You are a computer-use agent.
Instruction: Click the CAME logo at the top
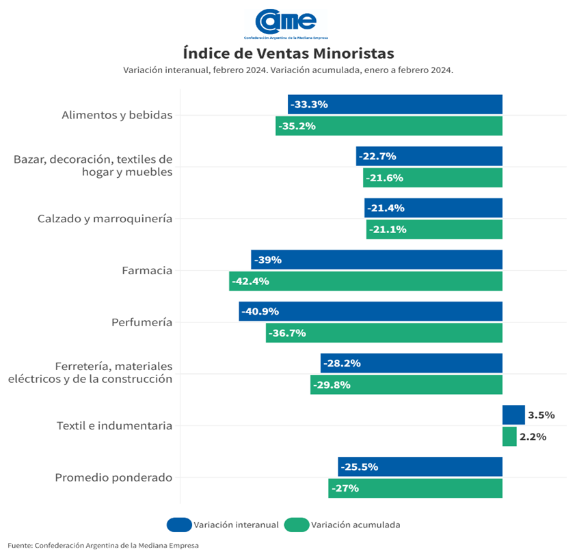tap(287, 21)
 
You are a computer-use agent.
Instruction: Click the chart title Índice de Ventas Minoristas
tap(288, 53)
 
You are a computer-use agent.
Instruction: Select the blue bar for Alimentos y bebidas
tap(395, 105)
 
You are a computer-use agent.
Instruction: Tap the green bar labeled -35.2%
tap(389, 126)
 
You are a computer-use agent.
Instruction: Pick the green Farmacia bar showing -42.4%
tap(366, 281)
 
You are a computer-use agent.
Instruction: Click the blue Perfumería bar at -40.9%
tap(371, 311)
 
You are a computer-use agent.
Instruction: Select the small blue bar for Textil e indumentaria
tap(513, 414)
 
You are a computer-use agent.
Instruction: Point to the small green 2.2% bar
tap(509, 436)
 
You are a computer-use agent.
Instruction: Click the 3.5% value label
tap(541, 415)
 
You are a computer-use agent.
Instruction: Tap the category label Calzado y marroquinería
tap(105, 219)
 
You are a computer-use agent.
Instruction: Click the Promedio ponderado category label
tap(113, 477)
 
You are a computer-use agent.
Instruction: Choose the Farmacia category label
tap(147, 270)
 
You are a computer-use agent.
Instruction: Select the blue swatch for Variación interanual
tap(178, 525)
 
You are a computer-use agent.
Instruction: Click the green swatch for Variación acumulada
tap(296, 525)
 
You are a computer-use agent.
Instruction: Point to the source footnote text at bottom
tap(103, 545)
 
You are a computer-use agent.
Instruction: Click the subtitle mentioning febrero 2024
tap(288, 70)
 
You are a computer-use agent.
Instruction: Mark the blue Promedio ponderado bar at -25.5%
tap(420, 466)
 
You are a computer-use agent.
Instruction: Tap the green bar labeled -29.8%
tap(406, 384)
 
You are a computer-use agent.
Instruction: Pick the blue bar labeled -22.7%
tap(429, 156)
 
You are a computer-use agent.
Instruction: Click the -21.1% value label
tap(388, 230)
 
